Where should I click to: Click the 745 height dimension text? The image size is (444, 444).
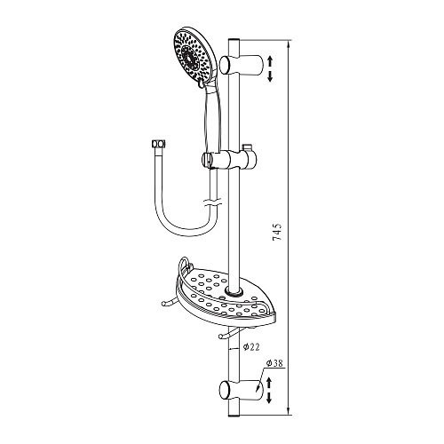[x=277, y=232]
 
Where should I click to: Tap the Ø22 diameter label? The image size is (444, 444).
[x=251, y=347]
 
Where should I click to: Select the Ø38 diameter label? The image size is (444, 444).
[x=275, y=363]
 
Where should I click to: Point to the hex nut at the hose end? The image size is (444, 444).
[x=158, y=144]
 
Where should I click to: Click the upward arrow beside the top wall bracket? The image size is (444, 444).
[x=270, y=62]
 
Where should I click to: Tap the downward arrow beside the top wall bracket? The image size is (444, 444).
[x=270, y=76]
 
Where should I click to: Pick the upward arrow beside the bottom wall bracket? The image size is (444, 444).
[x=269, y=383]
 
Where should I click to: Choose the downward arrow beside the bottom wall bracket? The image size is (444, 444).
[x=269, y=397]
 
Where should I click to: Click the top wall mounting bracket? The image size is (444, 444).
[x=242, y=64]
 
